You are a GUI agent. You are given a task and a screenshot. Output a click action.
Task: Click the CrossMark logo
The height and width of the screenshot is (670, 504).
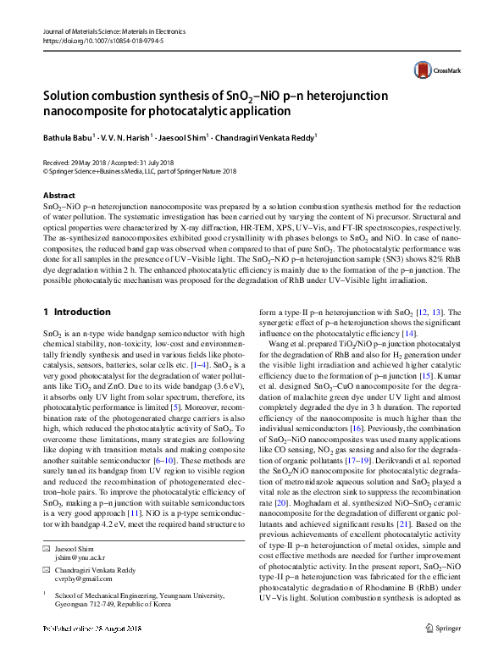(x=430, y=71)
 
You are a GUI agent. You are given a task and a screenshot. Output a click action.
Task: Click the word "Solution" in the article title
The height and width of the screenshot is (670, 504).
(x=69, y=96)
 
